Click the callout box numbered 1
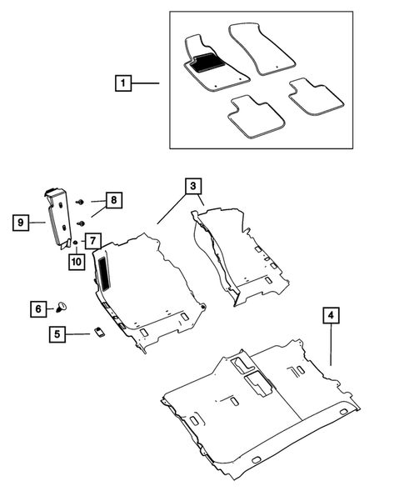(x=122, y=83)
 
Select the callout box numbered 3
(x=192, y=186)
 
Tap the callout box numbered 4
(x=332, y=315)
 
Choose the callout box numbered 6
(x=38, y=308)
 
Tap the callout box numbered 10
(x=76, y=261)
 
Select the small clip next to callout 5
(x=97, y=332)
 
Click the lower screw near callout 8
(x=81, y=223)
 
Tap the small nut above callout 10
(x=75, y=243)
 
